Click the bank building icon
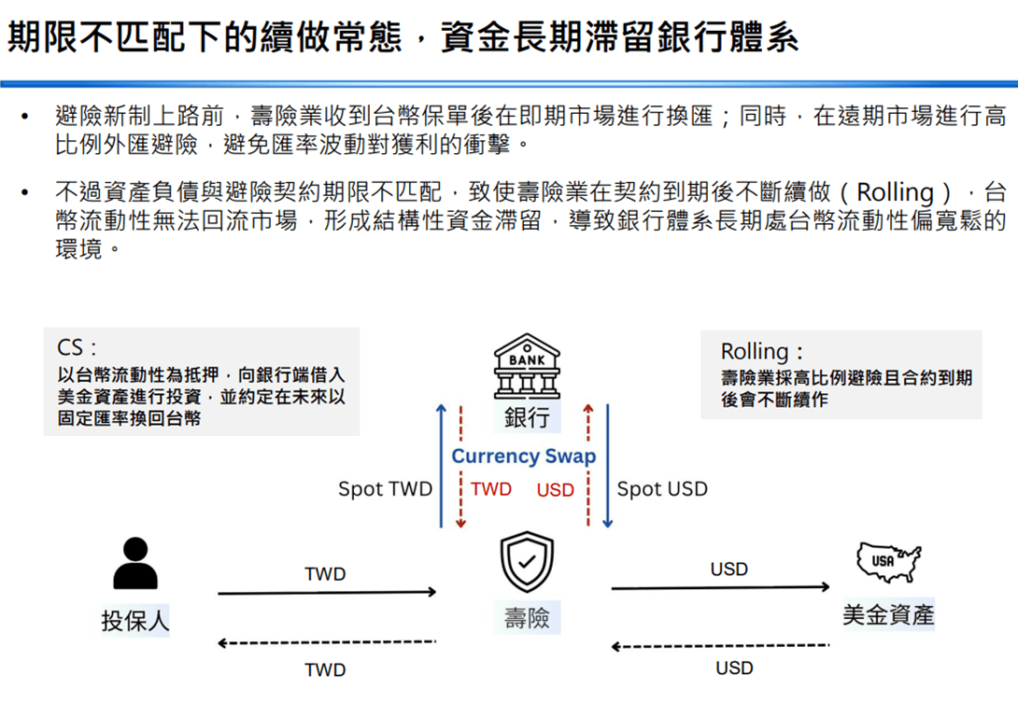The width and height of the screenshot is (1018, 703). pyautogui.click(x=527, y=366)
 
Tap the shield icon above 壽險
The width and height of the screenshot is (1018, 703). pyautogui.click(x=527, y=561)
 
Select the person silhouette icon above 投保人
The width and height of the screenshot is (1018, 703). pyautogui.click(x=135, y=563)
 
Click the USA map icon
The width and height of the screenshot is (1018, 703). pyautogui.click(x=888, y=561)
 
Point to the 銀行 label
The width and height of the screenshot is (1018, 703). pyautogui.click(x=527, y=417)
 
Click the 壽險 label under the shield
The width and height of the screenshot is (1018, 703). pyautogui.click(x=527, y=617)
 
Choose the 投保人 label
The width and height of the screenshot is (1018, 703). pyautogui.click(x=135, y=621)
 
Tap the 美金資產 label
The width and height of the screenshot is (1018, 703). pyautogui.click(x=888, y=614)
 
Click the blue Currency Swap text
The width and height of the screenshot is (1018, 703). pyautogui.click(x=523, y=457)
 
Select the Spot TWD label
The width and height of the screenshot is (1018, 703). pyautogui.click(x=385, y=489)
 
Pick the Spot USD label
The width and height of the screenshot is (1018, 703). pyautogui.click(x=662, y=489)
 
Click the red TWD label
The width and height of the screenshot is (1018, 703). pyautogui.click(x=491, y=489)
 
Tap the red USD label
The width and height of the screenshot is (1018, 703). pyautogui.click(x=555, y=490)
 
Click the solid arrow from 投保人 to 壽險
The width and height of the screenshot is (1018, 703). pyautogui.click(x=327, y=593)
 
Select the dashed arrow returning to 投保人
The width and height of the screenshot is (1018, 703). pyautogui.click(x=327, y=642)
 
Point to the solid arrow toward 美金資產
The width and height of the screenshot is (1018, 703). pyautogui.click(x=721, y=587)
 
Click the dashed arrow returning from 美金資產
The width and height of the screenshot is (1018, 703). pyautogui.click(x=721, y=646)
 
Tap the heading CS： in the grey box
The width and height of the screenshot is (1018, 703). pyautogui.click(x=77, y=348)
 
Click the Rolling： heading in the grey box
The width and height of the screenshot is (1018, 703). pyautogui.click(x=761, y=351)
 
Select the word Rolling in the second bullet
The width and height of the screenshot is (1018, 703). pyautogui.click(x=895, y=192)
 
